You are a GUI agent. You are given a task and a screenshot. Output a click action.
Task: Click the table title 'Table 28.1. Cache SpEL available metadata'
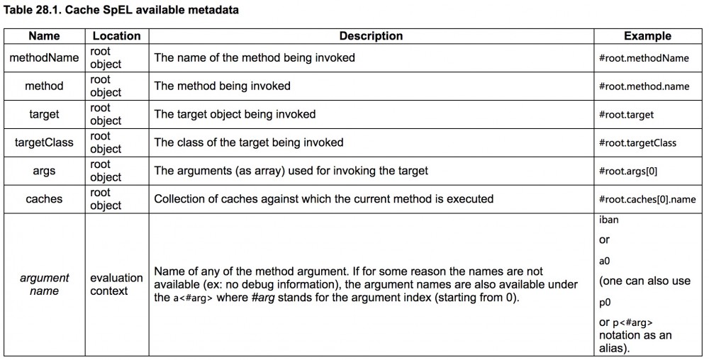(121, 11)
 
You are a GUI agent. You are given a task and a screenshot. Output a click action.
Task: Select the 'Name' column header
(44, 35)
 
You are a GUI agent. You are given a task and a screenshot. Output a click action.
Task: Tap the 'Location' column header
(117, 35)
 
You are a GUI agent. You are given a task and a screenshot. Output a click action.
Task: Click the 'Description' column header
(371, 35)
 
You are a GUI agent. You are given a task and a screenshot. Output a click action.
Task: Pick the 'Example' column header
(647, 35)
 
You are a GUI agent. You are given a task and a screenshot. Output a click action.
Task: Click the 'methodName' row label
(44, 57)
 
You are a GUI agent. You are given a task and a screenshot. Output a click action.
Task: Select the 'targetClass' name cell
(44, 142)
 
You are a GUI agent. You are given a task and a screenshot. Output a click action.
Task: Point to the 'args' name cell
(44, 171)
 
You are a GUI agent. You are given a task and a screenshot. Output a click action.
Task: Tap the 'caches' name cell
(44, 199)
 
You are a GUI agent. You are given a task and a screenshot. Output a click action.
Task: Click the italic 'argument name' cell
(44, 284)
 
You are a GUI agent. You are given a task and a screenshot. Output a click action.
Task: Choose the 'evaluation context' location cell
(116, 284)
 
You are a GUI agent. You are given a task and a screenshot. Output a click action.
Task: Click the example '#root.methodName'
(643, 58)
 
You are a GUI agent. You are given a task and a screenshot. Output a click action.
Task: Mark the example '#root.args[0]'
(632, 171)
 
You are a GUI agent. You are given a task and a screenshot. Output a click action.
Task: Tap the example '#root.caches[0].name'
(652, 200)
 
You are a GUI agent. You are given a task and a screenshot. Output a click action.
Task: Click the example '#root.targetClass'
(637, 143)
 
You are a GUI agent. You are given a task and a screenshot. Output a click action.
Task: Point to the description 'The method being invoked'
(223, 86)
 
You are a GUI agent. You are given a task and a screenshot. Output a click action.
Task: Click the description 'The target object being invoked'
(235, 114)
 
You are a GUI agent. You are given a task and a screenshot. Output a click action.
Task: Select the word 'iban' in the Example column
(608, 220)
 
